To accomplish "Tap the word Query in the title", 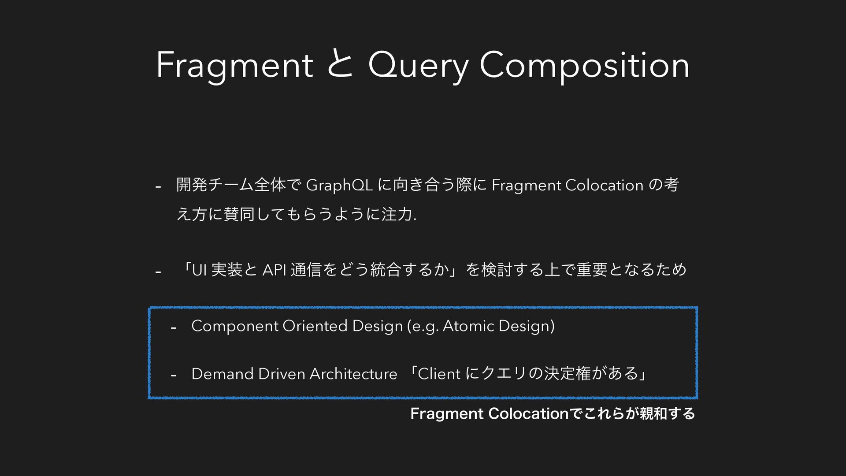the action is click(x=418, y=66).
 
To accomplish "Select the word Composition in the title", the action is click(x=584, y=66).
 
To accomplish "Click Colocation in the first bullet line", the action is click(x=604, y=186).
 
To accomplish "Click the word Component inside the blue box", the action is click(x=235, y=327).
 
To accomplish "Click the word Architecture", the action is click(x=353, y=374).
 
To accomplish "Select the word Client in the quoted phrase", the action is click(x=439, y=374).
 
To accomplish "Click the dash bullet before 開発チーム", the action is click(x=158, y=187).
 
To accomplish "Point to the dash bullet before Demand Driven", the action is click(x=174, y=375).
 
